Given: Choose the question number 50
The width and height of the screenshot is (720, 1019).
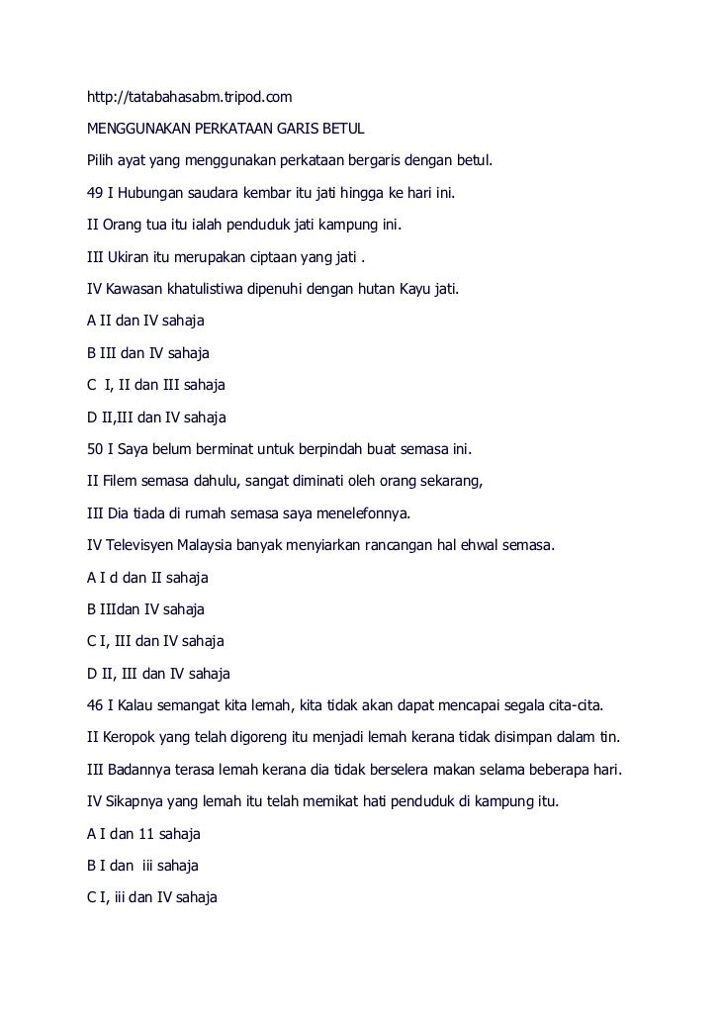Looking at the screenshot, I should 95,450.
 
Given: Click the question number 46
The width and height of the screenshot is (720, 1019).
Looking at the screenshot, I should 95,706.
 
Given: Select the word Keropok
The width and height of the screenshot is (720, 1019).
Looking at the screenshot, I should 134,739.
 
